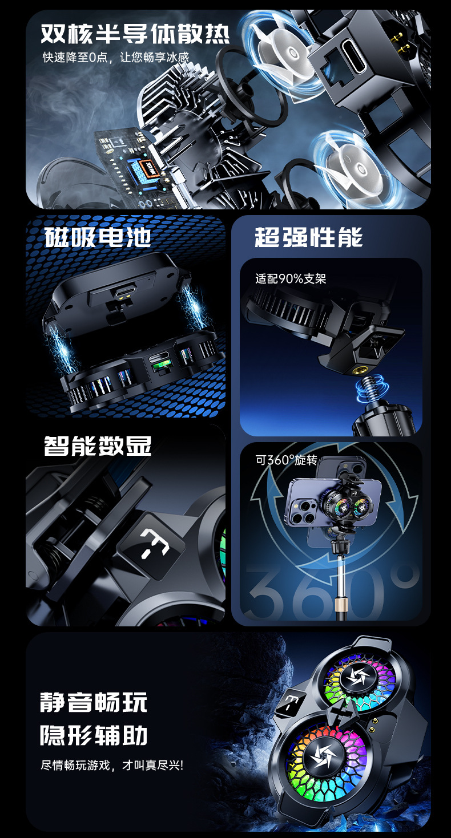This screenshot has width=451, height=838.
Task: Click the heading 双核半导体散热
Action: pyautogui.click(x=135, y=34)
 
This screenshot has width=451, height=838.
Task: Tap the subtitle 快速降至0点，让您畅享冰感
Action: pyautogui.click(x=116, y=57)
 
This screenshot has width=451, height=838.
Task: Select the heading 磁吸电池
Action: pyautogui.click(x=98, y=237)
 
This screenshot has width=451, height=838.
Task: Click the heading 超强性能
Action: pyautogui.click(x=309, y=237)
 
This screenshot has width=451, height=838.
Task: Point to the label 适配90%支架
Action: pyautogui.click(x=291, y=279)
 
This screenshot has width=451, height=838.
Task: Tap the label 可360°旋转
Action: pyautogui.click(x=287, y=460)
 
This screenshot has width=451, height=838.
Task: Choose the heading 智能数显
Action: pyautogui.click(x=98, y=446)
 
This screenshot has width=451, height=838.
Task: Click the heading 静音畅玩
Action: pyautogui.click(x=94, y=702)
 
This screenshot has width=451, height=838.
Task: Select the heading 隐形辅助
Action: pyautogui.click(x=94, y=735)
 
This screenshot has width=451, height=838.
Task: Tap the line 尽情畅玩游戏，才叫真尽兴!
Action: pyautogui.click(x=112, y=765)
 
